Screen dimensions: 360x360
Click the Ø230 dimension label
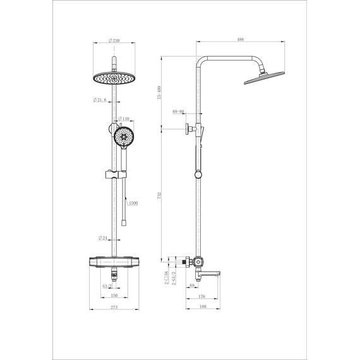click(115, 40)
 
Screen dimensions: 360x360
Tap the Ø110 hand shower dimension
click(124, 119)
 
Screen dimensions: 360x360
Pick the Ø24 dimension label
click(103, 238)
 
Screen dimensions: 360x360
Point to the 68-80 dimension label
click(178, 112)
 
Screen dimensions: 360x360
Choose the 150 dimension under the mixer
click(114, 295)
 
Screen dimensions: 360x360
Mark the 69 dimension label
click(191, 285)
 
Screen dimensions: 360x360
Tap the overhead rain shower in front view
click(114, 78)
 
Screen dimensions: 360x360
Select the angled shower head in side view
click(258, 78)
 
